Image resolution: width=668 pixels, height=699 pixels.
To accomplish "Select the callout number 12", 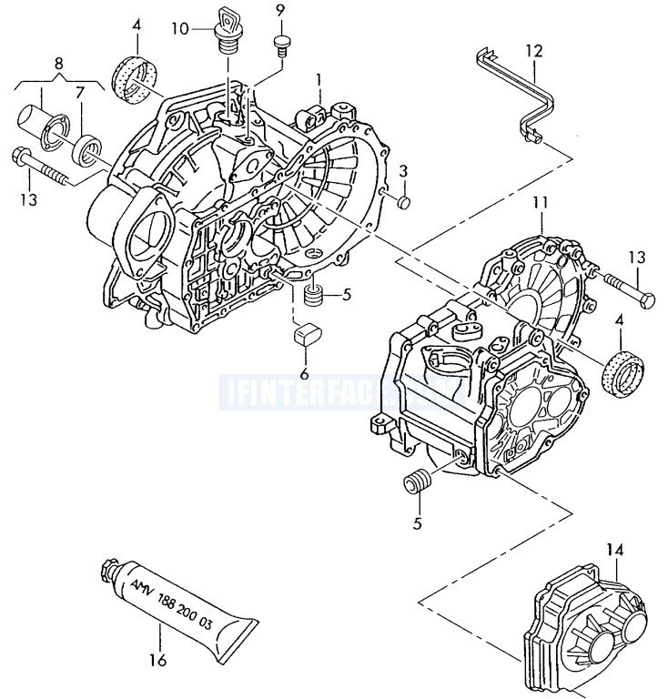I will pos(533,51).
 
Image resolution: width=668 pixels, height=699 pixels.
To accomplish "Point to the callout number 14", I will pos(616,550).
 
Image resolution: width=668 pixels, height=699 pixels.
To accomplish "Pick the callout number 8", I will pos(59,64).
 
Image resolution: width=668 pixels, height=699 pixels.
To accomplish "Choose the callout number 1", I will pos(319,80).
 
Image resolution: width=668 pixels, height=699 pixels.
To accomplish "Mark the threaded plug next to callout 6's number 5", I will pos(313,295).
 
